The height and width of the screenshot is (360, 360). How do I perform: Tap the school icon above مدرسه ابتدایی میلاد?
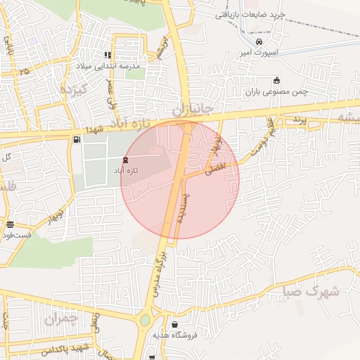108,55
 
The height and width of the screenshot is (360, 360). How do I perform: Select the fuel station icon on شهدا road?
76,139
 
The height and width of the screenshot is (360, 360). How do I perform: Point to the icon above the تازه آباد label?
126,160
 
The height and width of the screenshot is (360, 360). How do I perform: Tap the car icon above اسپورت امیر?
259,41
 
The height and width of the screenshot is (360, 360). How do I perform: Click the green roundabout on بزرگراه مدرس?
145,321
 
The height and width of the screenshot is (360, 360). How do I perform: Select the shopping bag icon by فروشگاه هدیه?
173,324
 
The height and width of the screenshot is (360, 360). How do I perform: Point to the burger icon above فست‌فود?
9,225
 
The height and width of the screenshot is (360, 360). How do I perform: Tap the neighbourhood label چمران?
60,318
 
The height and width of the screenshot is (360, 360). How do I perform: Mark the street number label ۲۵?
25,71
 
